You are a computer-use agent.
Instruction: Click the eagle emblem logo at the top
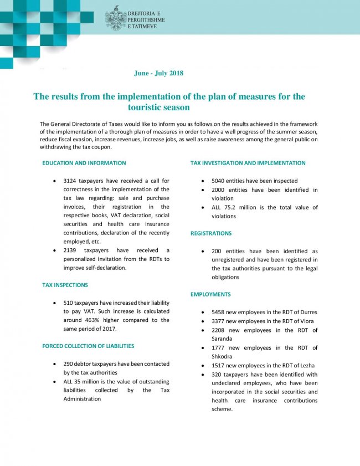point(115,18)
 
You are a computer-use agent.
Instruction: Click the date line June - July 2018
point(158,73)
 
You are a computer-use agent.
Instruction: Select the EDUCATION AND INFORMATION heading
point(84,163)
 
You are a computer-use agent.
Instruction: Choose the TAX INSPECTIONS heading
point(65,285)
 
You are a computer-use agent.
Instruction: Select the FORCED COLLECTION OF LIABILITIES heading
point(88,346)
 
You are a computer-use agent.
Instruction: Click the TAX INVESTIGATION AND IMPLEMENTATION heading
point(248,163)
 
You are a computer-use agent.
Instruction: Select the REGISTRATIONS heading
point(211,233)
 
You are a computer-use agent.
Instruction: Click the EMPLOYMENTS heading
point(210,294)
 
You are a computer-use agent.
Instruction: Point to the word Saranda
point(223,339)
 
